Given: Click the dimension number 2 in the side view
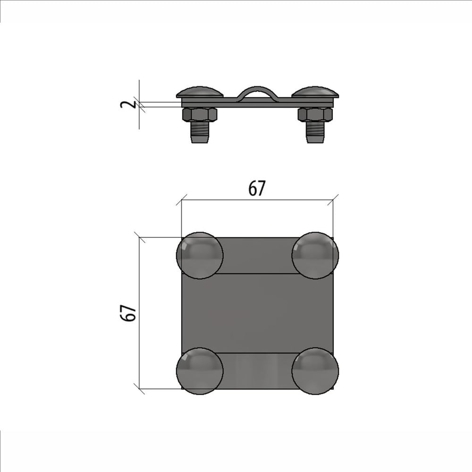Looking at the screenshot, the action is (124, 104).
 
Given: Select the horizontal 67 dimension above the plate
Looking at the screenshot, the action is (257, 188).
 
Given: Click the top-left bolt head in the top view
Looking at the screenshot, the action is (200, 255).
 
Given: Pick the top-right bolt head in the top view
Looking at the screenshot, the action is (315, 255).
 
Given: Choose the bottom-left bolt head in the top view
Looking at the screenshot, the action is (200, 371).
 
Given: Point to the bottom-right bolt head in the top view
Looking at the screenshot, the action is (315, 371).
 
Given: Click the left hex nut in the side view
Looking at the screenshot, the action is (200, 114).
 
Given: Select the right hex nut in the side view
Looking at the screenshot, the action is (315, 114).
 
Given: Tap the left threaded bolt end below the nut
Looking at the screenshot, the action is (200, 132).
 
